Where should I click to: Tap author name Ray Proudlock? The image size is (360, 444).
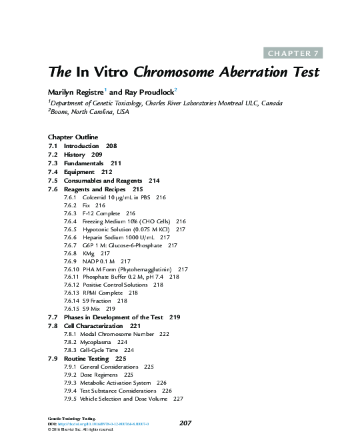click(149, 91)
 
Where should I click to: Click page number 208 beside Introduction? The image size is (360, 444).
click(111, 145)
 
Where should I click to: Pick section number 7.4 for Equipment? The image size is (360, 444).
click(53, 171)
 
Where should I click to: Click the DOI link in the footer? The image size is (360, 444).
click(103, 423)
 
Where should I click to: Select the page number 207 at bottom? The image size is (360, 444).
click(187, 423)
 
